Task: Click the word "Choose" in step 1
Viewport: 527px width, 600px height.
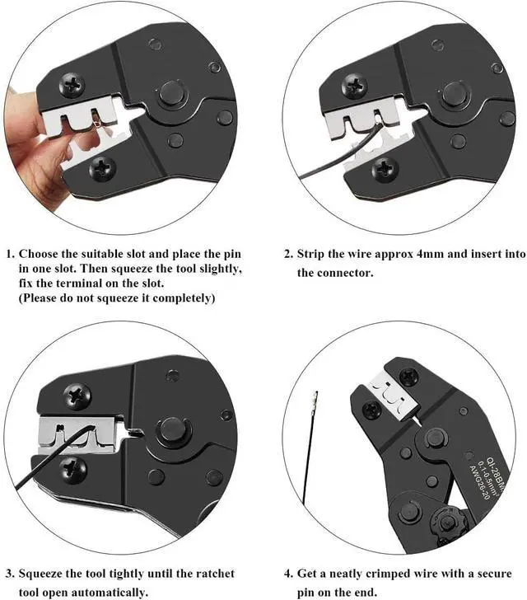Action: click(x=38, y=254)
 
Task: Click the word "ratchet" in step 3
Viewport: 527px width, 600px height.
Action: click(x=215, y=574)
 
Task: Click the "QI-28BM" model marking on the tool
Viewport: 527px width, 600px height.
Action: click(x=497, y=471)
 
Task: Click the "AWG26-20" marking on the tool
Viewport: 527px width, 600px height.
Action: click(x=478, y=482)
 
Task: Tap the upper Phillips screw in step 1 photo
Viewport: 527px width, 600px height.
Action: click(x=72, y=85)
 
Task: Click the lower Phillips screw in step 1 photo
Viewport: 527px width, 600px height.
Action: click(x=102, y=169)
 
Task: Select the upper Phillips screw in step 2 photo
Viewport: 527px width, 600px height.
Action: click(x=354, y=86)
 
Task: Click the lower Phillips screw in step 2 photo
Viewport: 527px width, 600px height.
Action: click(x=385, y=170)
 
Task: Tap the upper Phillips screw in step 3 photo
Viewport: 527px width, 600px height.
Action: click(x=77, y=396)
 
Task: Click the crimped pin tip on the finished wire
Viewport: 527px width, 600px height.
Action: click(x=315, y=400)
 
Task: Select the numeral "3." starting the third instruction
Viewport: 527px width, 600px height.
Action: click(x=10, y=574)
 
